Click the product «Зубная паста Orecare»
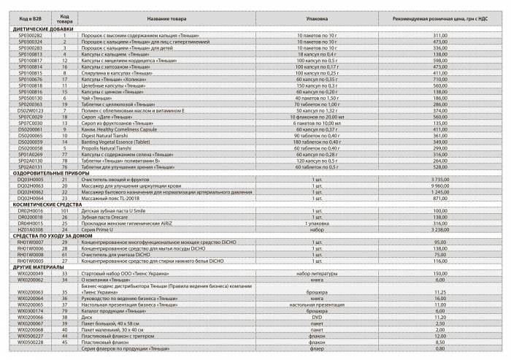point(112,216)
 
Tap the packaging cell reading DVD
point(318,317)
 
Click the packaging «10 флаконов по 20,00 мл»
point(318,116)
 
